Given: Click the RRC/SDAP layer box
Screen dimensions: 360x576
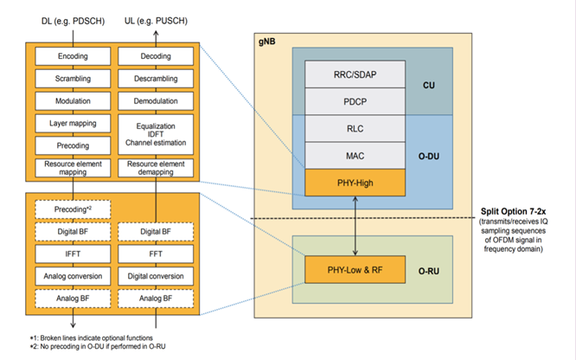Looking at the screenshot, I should [x=356, y=77].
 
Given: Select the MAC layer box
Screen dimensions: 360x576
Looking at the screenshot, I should [x=356, y=155].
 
